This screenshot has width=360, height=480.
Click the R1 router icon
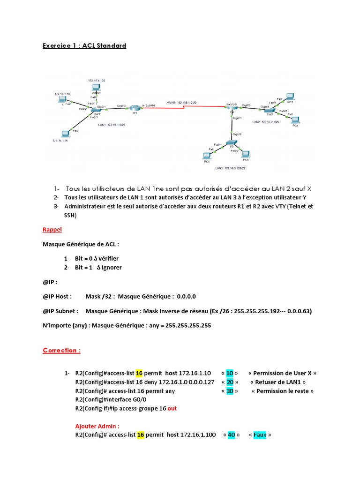tap(135, 108)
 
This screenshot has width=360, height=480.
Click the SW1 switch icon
tap(97, 109)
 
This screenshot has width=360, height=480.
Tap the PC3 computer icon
tap(290, 97)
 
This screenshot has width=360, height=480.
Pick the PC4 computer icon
tap(295, 120)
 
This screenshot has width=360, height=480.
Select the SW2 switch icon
tap(269, 109)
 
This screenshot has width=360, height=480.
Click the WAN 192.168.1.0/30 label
tap(182, 102)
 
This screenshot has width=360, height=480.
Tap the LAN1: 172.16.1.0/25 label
tap(112, 126)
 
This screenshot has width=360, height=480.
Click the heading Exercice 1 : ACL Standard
tap(84, 45)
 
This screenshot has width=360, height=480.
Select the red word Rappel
tap(52, 230)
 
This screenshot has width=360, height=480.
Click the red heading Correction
tap(61, 350)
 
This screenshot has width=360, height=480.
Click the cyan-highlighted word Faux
tap(260, 435)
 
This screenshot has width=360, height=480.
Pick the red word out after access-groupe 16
tap(172, 408)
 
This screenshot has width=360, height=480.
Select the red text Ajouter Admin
tap(97, 426)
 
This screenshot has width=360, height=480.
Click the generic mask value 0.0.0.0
tap(186, 296)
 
